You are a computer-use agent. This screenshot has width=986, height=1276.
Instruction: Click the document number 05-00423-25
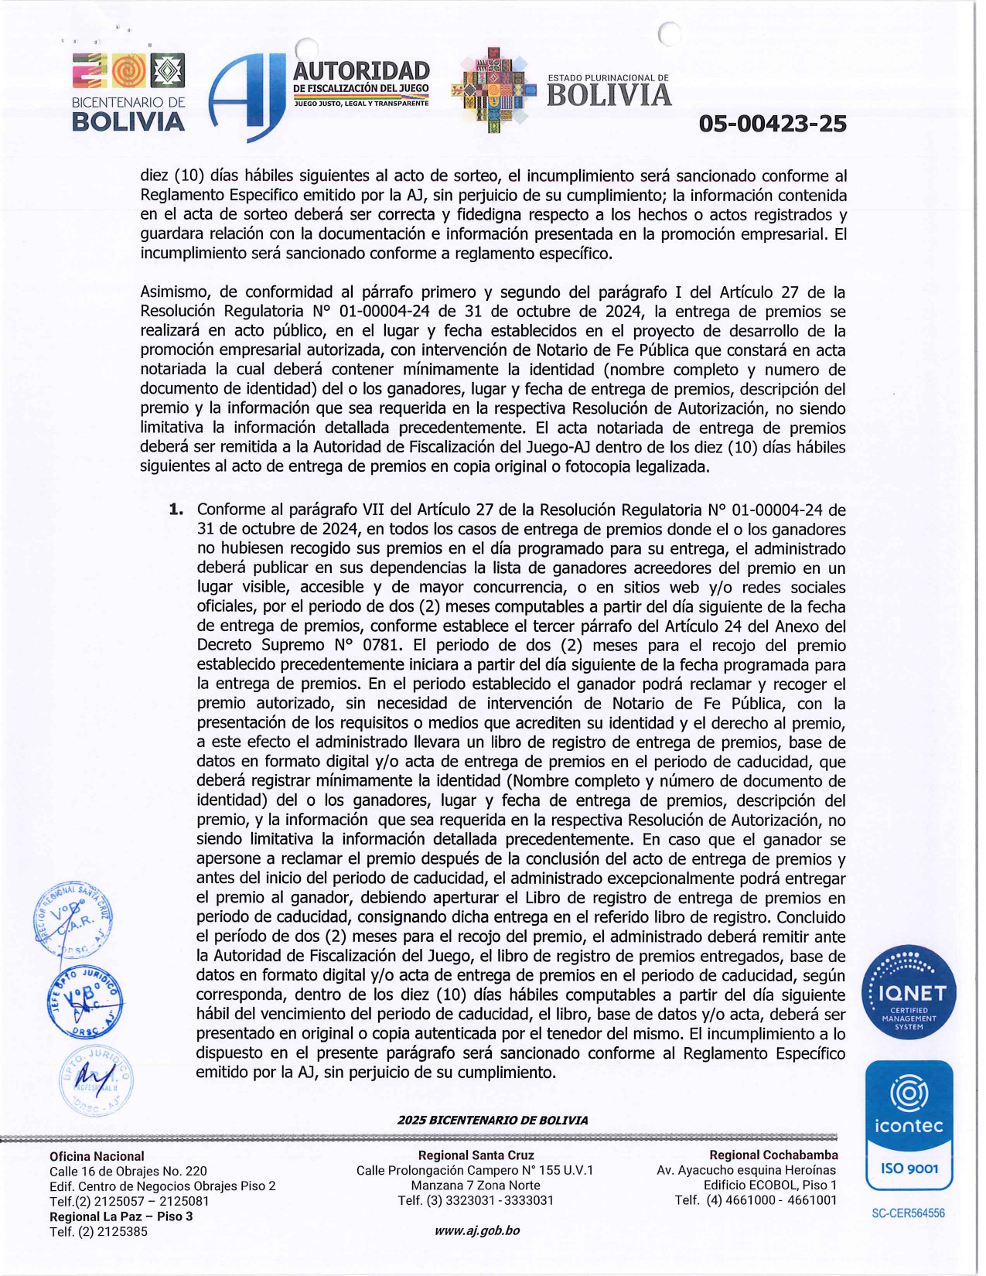point(772,124)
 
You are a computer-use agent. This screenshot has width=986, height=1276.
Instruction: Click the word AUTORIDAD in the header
point(361,71)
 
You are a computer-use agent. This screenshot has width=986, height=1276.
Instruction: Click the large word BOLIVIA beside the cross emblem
point(609,95)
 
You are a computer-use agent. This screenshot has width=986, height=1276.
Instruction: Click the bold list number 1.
point(176,510)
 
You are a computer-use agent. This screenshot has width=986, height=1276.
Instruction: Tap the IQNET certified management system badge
point(909,992)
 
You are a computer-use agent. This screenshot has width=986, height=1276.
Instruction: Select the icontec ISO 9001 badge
point(909,1125)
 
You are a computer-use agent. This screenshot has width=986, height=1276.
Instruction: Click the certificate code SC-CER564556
point(908,1213)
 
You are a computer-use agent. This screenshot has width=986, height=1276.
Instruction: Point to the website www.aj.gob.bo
point(476,1230)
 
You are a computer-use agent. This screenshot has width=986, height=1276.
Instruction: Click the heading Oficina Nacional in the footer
point(97,1156)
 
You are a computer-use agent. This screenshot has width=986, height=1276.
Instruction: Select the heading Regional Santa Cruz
point(476,1155)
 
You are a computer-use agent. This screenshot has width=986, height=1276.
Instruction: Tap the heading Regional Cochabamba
point(773,1155)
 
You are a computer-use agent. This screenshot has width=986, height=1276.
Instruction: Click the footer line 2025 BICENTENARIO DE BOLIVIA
point(493,1120)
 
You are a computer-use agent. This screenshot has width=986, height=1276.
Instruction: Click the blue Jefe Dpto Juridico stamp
point(84,1001)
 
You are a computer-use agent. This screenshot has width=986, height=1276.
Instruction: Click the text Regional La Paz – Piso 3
point(121,1216)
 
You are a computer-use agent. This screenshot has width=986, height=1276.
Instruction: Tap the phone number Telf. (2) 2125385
point(98,1231)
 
